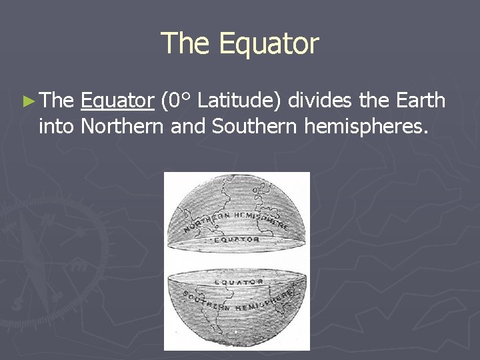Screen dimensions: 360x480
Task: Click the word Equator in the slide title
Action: [x=269, y=44]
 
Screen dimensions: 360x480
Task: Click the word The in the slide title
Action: [x=187, y=44]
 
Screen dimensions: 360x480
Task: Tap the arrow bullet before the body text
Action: [x=27, y=101]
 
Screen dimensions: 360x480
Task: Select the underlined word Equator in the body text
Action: [x=117, y=101]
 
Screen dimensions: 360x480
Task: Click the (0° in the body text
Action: [x=177, y=101]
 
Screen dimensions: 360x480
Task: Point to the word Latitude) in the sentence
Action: [x=236, y=101]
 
